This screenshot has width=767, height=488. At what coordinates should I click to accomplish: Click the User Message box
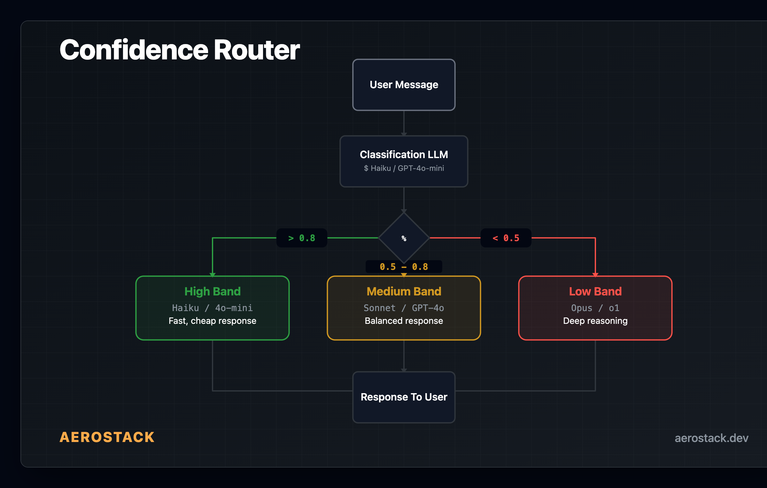(404, 85)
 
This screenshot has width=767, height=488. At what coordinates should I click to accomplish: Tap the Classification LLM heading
(404, 155)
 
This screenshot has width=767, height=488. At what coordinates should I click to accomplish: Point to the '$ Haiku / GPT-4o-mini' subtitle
(404, 168)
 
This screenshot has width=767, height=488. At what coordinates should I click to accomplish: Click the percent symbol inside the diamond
(404, 238)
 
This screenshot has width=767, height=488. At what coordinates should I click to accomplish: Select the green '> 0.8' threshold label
(301, 238)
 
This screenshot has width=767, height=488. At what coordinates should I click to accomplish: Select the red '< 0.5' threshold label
(506, 238)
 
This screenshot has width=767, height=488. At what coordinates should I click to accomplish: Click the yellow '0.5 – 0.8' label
(404, 267)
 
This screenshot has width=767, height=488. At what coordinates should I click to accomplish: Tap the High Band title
(212, 291)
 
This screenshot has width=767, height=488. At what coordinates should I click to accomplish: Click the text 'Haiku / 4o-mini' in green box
(212, 308)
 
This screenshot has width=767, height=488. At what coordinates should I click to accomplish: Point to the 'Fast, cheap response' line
(212, 321)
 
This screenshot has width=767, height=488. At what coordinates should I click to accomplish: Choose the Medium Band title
(404, 291)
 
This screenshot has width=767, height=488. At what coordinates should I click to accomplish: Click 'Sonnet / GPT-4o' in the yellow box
(404, 308)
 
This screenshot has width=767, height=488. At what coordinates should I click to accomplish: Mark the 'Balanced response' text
(404, 321)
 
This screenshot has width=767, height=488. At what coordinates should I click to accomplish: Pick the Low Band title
(595, 291)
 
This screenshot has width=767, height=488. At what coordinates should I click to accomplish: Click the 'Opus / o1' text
(595, 308)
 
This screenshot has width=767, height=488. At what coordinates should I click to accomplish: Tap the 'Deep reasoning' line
(595, 321)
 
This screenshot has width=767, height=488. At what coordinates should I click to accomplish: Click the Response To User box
(404, 397)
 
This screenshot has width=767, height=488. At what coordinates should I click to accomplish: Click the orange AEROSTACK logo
(107, 437)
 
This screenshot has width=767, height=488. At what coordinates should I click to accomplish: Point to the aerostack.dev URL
(711, 438)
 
